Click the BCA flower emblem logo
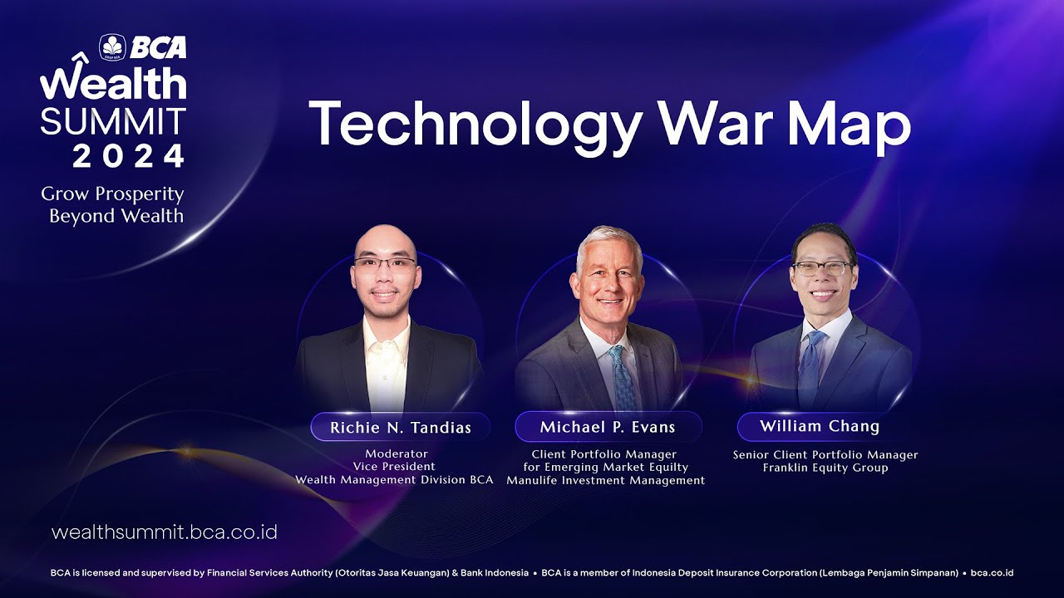pyautogui.click(x=112, y=47)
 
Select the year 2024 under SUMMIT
pyautogui.click(x=128, y=155)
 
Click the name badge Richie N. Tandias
pyautogui.click(x=401, y=427)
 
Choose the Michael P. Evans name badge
pyautogui.click(x=608, y=427)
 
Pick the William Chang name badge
pyautogui.click(x=820, y=426)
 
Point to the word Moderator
pyautogui.click(x=397, y=453)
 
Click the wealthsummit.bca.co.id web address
pyautogui.click(x=165, y=532)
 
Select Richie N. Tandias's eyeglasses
pyautogui.click(x=385, y=263)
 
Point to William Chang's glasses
pyautogui.click(x=822, y=268)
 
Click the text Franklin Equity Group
pyautogui.click(x=825, y=468)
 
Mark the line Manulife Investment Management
pyautogui.click(x=606, y=480)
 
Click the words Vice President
pyautogui.click(x=394, y=467)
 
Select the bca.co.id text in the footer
pyautogui.click(x=992, y=573)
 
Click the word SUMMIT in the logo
pyautogui.click(x=113, y=121)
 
